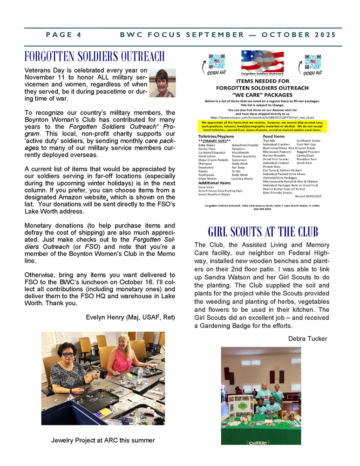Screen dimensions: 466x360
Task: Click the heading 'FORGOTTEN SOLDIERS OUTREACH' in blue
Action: [95, 56]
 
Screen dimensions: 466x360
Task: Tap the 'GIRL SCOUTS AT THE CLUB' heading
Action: [263, 232]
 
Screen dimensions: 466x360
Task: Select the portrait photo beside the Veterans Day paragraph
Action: [162, 83]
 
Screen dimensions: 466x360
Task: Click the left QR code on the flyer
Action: [217, 62]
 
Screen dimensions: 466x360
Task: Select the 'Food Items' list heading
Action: [275, 136]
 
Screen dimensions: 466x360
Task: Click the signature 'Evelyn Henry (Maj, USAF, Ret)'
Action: [130, 317]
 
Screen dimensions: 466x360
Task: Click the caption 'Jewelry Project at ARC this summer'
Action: [103, 440]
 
